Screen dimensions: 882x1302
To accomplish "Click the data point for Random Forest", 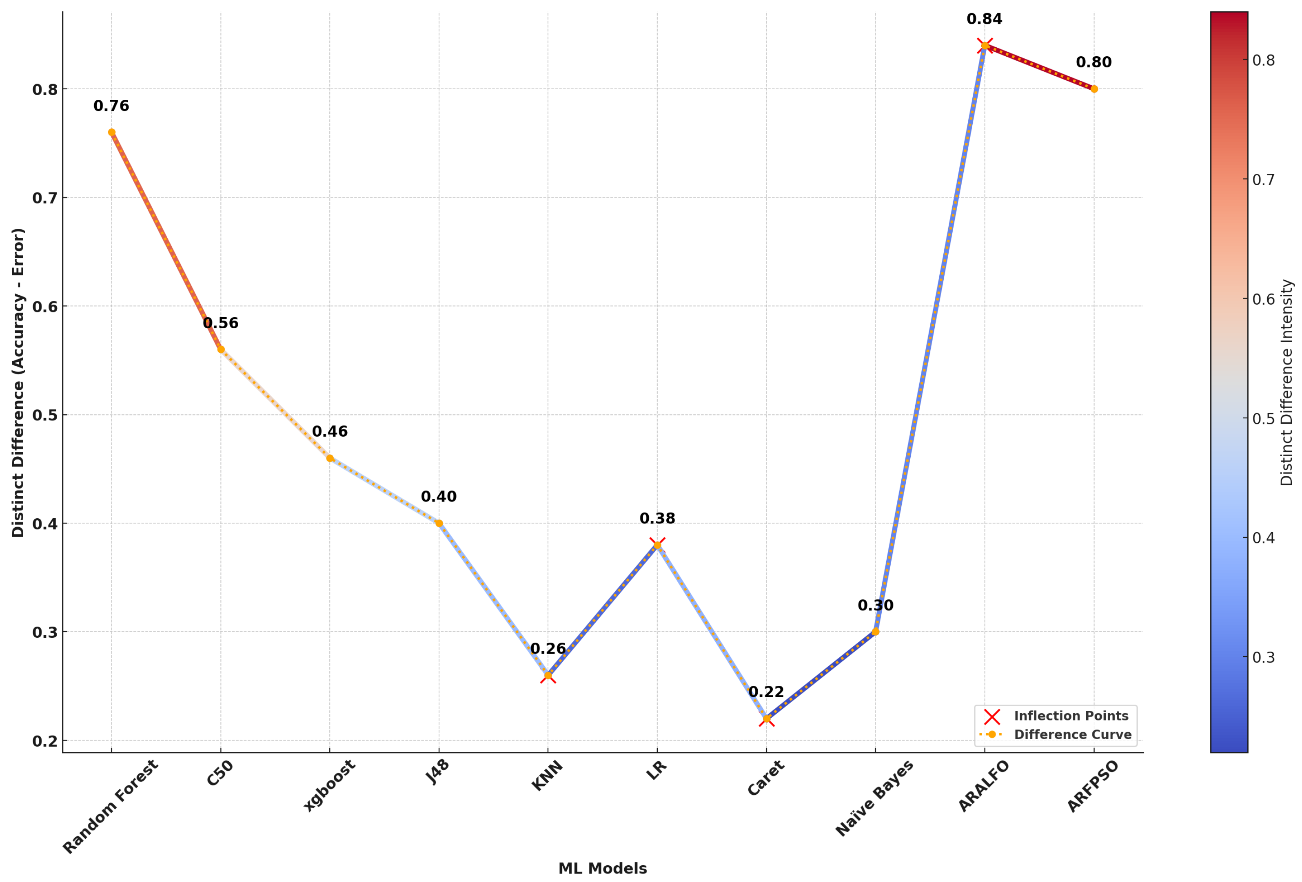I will pyautogui.click(x=111, y=133).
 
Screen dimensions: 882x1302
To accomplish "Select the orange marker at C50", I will pyautogui.click(x=221, y=349).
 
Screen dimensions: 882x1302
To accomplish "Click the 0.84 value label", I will pyautogui.click(x=984, y=19).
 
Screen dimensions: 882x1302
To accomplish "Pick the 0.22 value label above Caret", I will pyautogui.click(x=766, y=692).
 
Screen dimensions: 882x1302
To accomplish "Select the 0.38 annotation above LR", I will pyautogui.click(x=657, y=519).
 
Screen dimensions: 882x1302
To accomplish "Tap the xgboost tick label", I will pyautogui.click(x=329, y=785).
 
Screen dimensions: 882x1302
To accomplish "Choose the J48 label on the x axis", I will pyautogui.click(x=437, y=773).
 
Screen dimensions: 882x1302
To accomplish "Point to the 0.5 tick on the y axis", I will pyautogui.click(x=45, y=416).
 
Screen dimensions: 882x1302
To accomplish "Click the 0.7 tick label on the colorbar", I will pyautogui.click(x=1263, y=180).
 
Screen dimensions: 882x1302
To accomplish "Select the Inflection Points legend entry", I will pyautogui.click(x=1071, y=716).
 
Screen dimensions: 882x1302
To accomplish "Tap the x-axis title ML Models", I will pyautogui.click(x=602, y=869).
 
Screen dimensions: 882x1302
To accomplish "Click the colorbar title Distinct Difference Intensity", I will pyautogui.click(x=1287, y=382).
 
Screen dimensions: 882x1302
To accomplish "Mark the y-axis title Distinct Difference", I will pyautogui.click(x=18, y=382).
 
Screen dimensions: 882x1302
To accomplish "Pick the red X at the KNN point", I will pyautogui.click(x=548, y=676).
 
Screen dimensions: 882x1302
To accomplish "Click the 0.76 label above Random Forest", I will pyautogui.click(x=111, y=106).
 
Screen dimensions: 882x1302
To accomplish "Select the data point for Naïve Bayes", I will pyautogui.click(x=876, y=632).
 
